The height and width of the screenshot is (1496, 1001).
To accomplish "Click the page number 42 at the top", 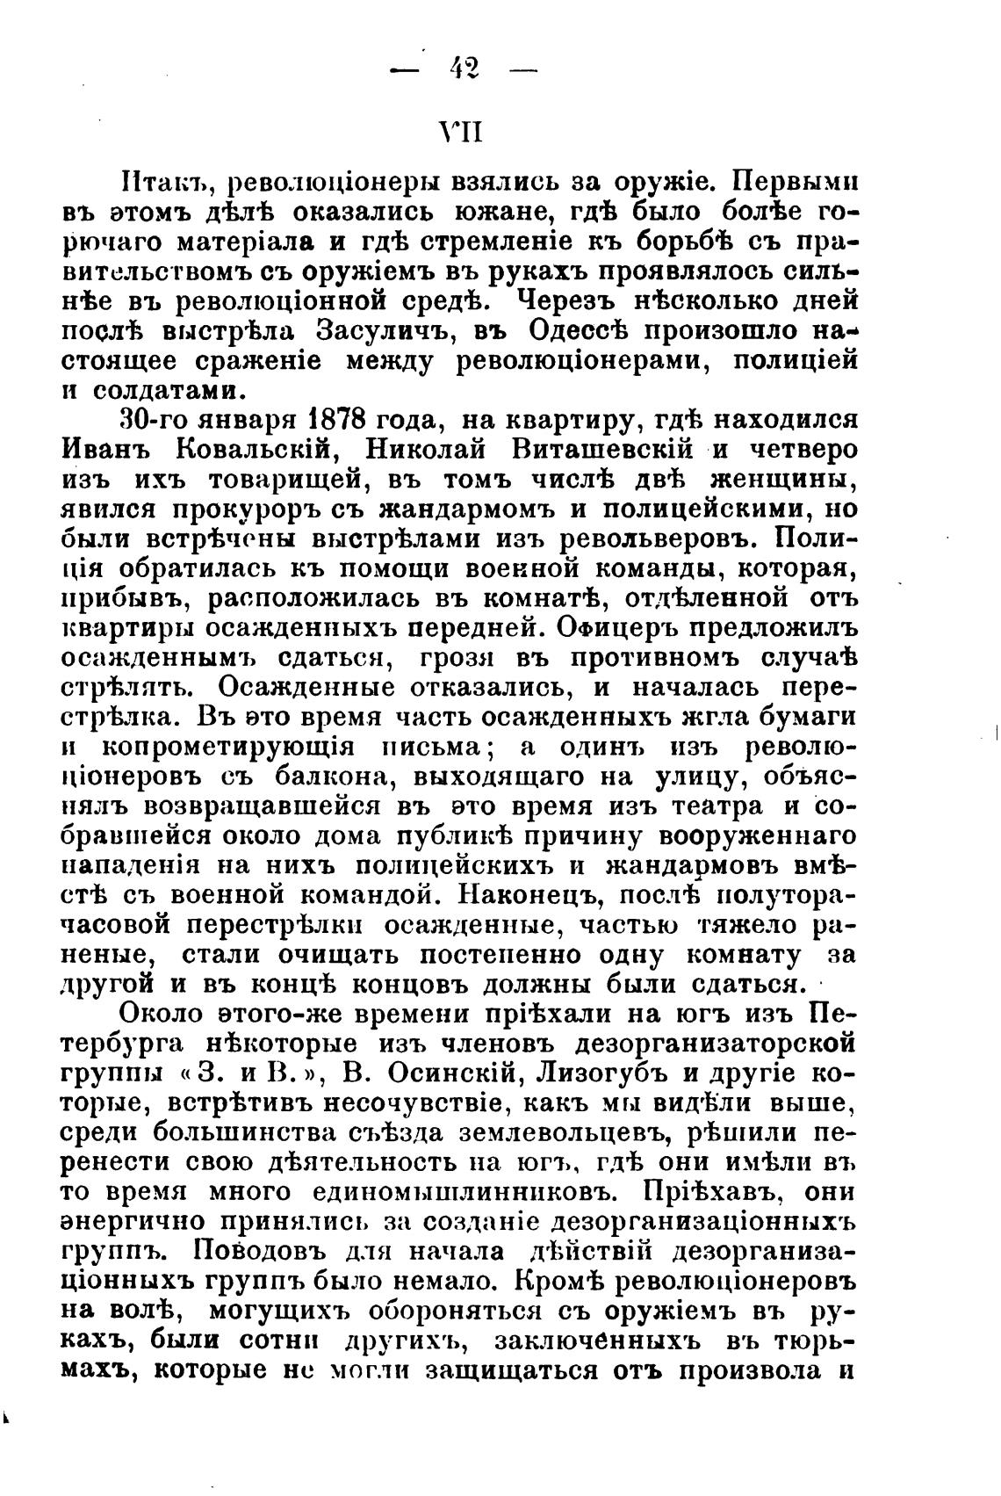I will pyautogui.click(x=462, y=67).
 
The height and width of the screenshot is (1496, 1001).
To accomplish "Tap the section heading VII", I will pyautogui.click(x=461, y=133).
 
